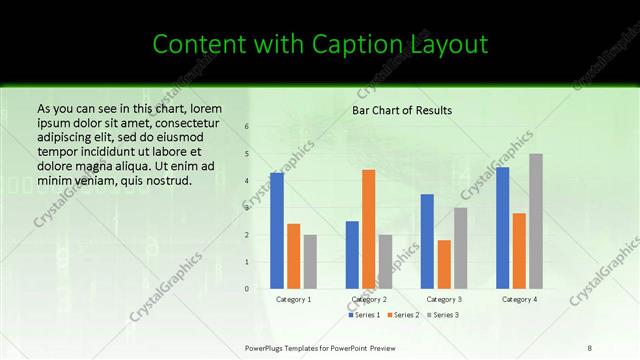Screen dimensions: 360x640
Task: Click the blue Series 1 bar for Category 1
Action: (x=277, y=231)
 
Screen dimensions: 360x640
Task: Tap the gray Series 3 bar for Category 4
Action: (x=536, y=221)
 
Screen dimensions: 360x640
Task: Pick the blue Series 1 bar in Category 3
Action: (x=427, y=241)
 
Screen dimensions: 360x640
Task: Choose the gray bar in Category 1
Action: (x=310, y=261)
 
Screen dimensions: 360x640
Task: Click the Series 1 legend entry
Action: (x=365, y=315)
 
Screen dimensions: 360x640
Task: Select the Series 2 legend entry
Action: (x=403, y=315)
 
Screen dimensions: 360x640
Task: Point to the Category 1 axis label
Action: (x=293, y=299)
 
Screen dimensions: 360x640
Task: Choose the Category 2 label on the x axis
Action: (x=369, y=299)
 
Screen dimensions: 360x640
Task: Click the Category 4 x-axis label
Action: (x=519, y=299)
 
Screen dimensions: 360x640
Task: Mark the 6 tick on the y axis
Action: (x=247, y=127)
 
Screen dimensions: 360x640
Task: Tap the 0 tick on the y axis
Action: (x=247, y=289)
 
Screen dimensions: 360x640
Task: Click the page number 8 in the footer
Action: (x=589, y=347)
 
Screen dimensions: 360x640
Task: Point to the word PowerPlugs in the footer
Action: (x=268, y=347)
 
